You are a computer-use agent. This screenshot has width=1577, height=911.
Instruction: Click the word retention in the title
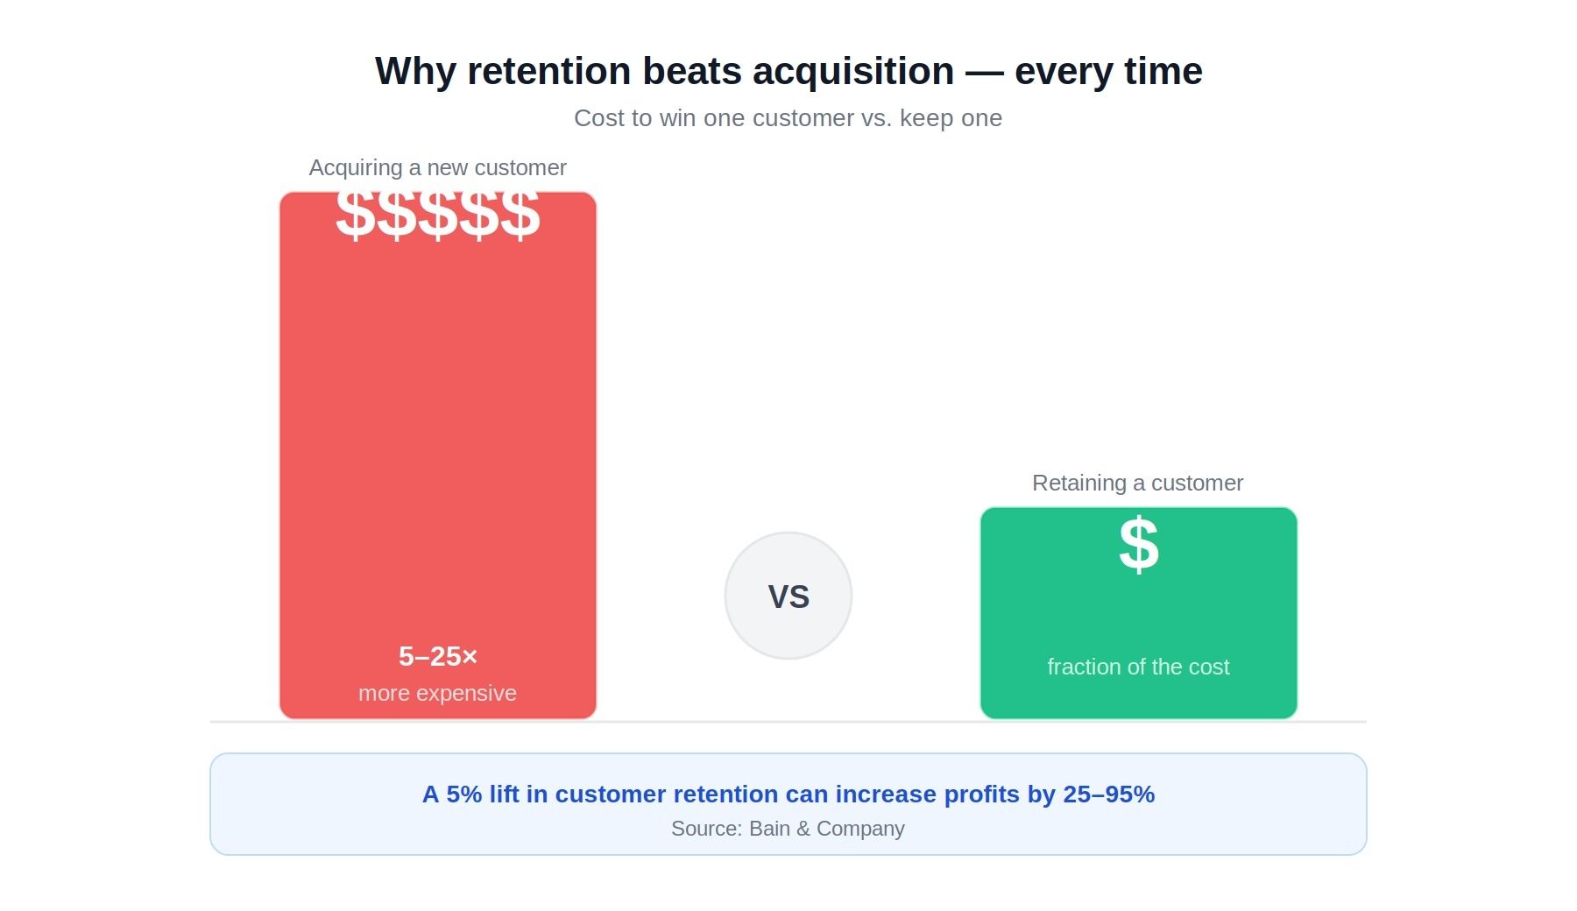coord(548,71)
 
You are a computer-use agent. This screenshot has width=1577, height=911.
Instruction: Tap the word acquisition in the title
coord(852,71)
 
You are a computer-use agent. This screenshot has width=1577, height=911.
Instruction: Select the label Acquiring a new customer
coord(437,167)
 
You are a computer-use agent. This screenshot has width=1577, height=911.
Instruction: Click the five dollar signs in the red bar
coord(437,214)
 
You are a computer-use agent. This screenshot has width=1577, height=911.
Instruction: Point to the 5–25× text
coord(437,656)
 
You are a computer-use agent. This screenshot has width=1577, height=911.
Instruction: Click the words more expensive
coord(437,693)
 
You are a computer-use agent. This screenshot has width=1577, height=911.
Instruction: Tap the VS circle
coord(788,596)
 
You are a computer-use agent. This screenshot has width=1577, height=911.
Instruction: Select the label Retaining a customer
coord(1137,483)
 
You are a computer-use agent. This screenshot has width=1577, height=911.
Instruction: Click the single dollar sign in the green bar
coord(1138,545)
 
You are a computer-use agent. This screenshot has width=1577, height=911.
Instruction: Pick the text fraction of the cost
coord(1138,667)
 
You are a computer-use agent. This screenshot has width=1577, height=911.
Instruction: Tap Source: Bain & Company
coord(788,829)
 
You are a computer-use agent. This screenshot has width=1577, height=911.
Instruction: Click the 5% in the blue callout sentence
coord(463,794)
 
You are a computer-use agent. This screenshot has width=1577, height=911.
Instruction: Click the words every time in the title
coord(1108,71)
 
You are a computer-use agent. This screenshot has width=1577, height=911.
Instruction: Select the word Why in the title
coord(415,71)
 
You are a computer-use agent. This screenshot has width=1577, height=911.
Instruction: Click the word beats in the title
coord(692,71)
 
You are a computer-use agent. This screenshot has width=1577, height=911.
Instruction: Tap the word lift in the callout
coord(504,794)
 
